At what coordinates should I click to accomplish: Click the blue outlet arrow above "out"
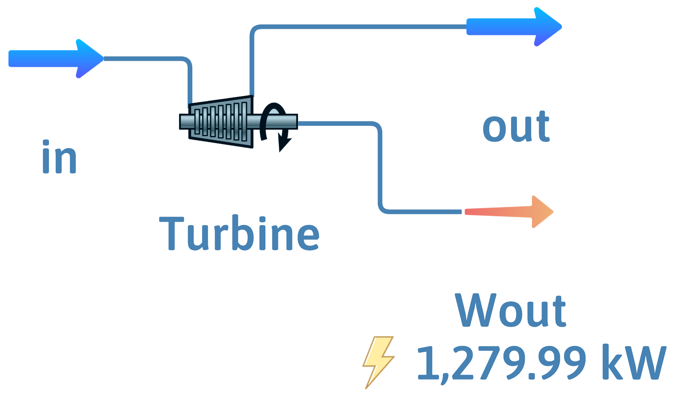[513, 27]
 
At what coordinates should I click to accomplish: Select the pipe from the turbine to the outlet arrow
[351, 27]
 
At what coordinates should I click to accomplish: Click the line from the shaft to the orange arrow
[380, 168]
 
